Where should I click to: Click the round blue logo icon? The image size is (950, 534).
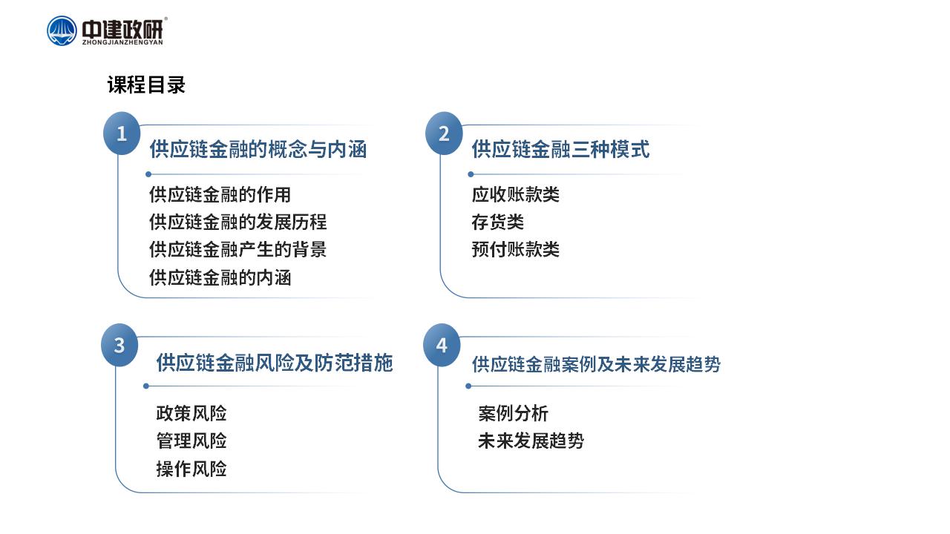62,30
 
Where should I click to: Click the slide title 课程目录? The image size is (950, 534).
146,85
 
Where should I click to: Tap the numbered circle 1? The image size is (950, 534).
122,133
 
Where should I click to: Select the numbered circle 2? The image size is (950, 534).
444,133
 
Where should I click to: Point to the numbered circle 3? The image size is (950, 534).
119,346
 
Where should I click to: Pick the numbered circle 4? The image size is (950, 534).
442,346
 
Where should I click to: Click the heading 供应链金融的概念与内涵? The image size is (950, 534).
258,150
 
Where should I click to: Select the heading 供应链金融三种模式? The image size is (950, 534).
560,150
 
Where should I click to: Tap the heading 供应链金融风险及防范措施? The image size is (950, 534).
275,363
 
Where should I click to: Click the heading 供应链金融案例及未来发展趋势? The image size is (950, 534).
596,364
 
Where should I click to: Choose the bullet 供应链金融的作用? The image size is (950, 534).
220,195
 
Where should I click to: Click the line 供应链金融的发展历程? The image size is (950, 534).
238,222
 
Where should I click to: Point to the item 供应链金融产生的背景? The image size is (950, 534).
238,250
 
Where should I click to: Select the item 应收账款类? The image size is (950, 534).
516,195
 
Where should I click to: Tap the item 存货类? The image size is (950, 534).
498,222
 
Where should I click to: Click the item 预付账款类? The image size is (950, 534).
516,250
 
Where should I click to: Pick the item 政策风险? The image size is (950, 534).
191,414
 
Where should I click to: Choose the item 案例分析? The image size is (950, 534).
514,414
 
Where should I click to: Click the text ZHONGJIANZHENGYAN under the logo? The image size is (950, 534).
122,42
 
